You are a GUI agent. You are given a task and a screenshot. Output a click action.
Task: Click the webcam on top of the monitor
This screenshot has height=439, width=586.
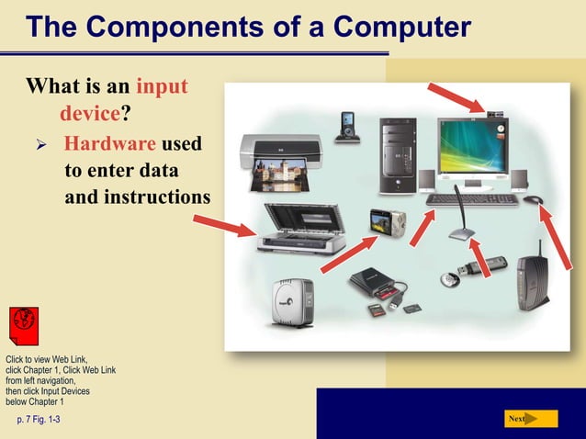click(x=496, y=115)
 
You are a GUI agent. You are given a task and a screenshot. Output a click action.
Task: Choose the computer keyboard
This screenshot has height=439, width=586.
click(x=472, y=198)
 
